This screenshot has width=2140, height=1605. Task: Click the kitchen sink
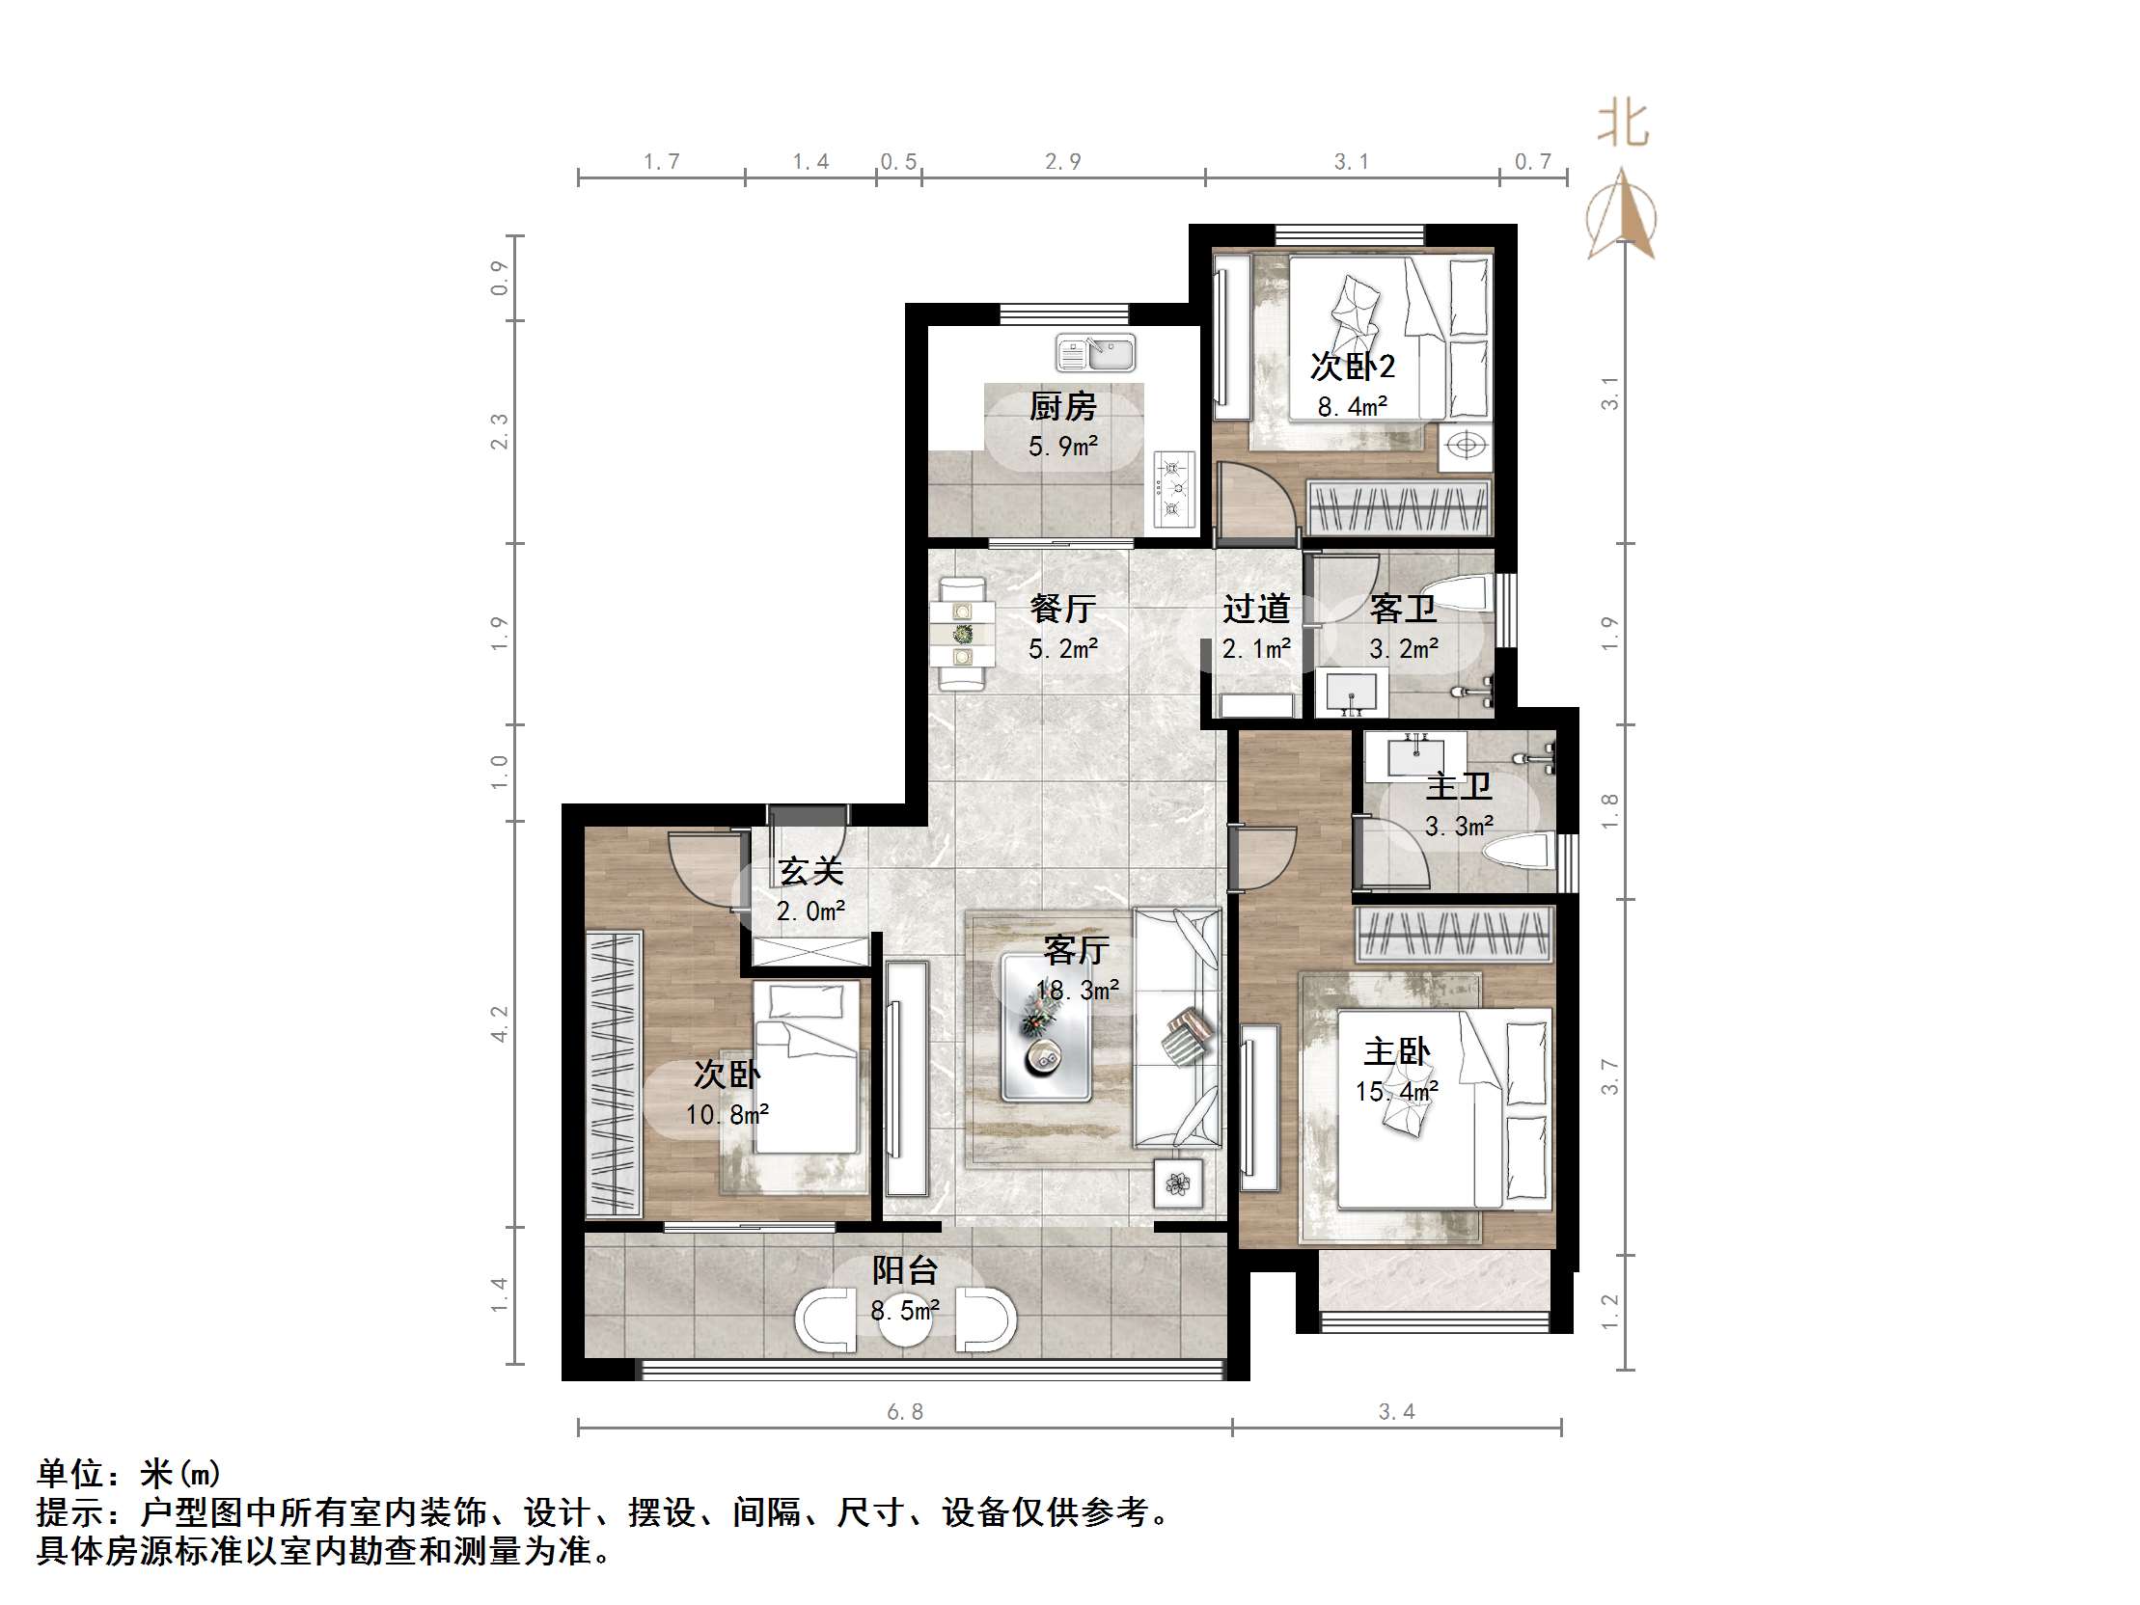click(x=1096, y=353)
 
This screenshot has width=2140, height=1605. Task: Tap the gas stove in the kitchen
click(x=1173, y=492)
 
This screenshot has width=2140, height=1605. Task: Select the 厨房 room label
click(x=1062, y=406)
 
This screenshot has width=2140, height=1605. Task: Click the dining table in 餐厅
click(x=963, y=635)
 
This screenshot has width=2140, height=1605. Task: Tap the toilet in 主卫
click(x=1519, y=853)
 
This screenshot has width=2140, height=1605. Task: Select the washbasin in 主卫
click(x=1415, y=753)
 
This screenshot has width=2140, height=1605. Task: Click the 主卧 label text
click(x=1396, y=1050)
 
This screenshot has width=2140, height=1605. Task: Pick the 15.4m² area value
click(x=1396, y=1091)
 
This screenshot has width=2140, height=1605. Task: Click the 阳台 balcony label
click(x=905, y=1269)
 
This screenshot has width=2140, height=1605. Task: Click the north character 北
click(x=1623, y=124)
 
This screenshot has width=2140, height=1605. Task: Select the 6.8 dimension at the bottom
click(x=905, y=1412)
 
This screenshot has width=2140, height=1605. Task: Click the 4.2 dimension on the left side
click(x=499, y=1023)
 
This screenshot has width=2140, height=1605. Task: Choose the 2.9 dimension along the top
click(x=1062, y=162)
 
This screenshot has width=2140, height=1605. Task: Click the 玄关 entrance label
click(x=810, y=871)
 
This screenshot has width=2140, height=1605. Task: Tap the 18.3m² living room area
click(x=1077, y=990)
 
